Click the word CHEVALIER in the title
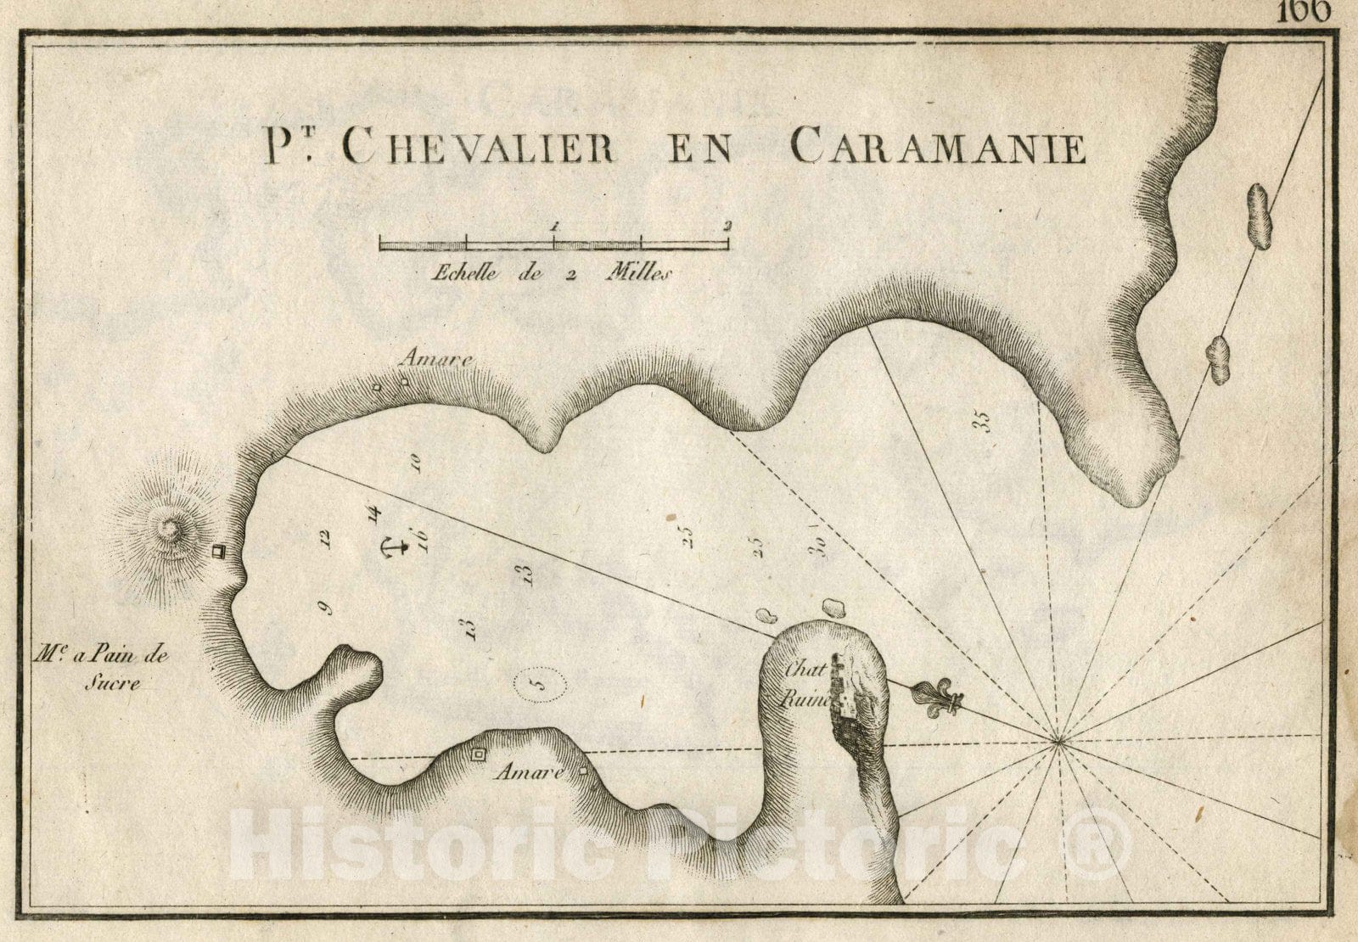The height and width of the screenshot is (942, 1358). [480, 148]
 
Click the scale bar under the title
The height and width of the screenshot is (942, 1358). [553, 244]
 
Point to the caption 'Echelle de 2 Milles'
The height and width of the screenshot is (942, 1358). [552, 273]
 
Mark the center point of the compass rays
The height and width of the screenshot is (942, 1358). [1058, 743]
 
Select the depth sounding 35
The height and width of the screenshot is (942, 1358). [983, 421]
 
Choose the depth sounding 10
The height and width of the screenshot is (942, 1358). [416, 462]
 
